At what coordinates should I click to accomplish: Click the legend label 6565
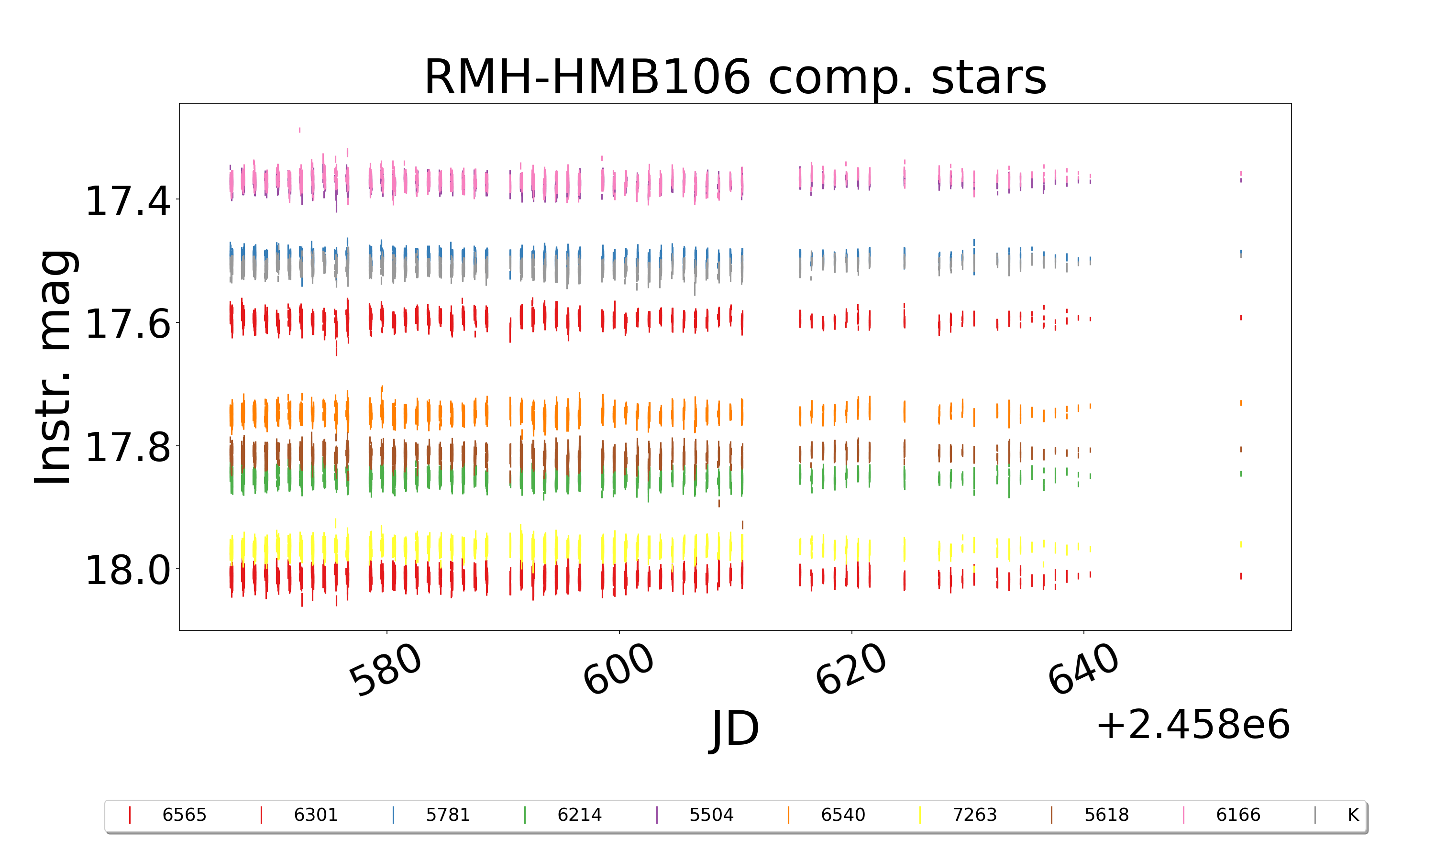(184, 815)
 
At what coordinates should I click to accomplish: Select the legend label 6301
(316, 815)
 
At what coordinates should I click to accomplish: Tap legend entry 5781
(447, 815)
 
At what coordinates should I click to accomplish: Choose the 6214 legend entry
(579, 815)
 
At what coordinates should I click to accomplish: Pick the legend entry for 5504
(711, 815)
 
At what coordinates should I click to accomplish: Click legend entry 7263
(974, 815)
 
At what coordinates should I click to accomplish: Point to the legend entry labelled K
(1353, 815)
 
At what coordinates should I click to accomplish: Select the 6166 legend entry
(1238, 815)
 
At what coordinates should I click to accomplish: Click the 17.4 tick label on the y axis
(128, 201)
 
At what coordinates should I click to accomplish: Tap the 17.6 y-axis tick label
(128, 324)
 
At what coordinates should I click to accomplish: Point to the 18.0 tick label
(128, 570)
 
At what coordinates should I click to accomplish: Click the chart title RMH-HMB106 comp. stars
(735, 77)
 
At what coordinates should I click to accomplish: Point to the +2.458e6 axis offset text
(1192, 725)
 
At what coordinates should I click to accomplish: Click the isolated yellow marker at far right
(1241, 544)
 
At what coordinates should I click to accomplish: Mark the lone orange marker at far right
(1241, 403)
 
